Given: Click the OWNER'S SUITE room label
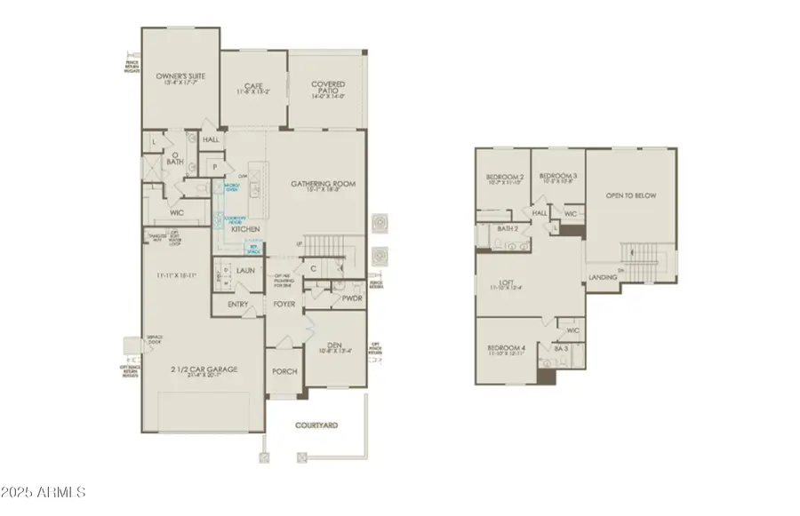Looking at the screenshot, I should pyautogui.click(x=180, y=76).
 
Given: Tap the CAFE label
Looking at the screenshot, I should pyautogui.click(x=252, y=85).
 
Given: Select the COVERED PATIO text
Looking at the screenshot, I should pyautogui.click(x=328, y=85).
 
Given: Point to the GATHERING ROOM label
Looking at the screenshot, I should pyautogui.click(x=324, y=184).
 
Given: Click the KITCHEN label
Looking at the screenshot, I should pyautogui.click(x=246, y=229).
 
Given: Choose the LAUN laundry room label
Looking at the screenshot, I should pyautogui.click(x=246, y=271).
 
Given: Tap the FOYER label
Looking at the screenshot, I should pyautogui.click(x=284, y=304).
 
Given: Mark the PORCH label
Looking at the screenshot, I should pyautogui.click(x=285, y=371).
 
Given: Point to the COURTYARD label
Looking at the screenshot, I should pyautogui.click(x=316, y=426).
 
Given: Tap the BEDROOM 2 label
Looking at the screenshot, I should pyautogui.click(x=502, y=177).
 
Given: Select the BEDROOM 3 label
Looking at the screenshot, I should pyautogui.click(x=557, y=176).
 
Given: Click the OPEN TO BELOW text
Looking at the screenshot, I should pyautogui.click(x=631, y=195).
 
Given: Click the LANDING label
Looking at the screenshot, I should pyautogui.click(x=603, y=278).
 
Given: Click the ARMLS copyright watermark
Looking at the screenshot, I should pyautogui.click(x=44, y=491).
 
